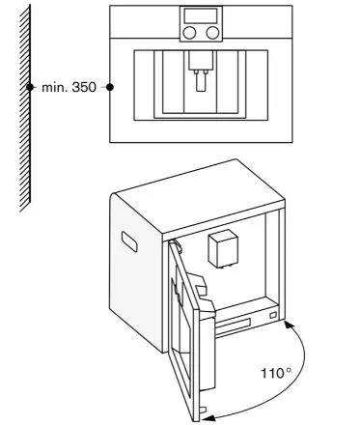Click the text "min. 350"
[69, 87]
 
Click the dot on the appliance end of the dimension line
[109, 87]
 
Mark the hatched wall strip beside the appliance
[25, 106]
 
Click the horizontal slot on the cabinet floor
[247, 318]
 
